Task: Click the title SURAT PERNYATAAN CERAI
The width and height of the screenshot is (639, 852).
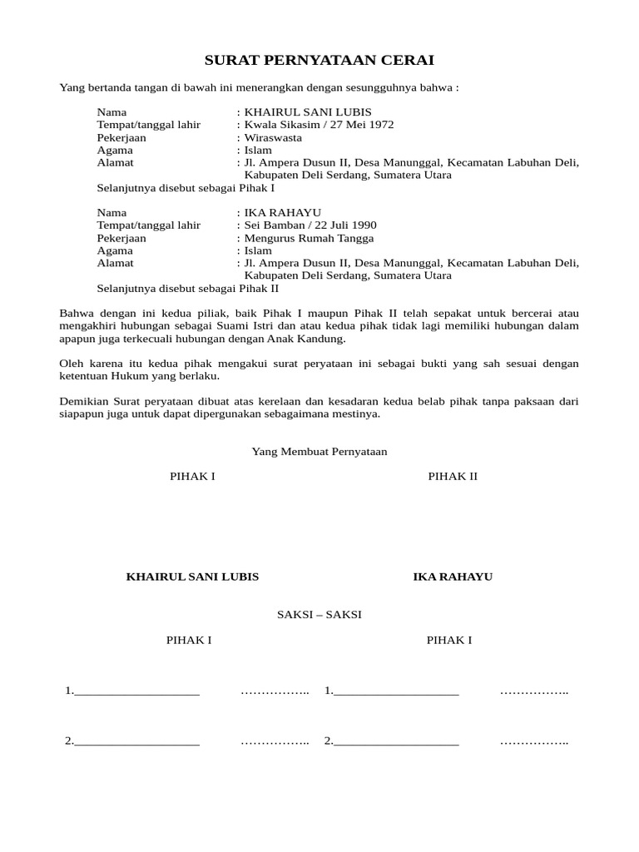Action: (x=319, y=61)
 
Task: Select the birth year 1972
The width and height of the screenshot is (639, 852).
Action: (x=381, y=125)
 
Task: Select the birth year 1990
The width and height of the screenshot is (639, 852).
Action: (x=364, y=225)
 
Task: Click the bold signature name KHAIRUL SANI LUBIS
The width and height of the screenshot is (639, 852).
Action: (x=192, y=577)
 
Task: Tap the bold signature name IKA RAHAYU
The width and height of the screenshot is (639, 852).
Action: (x=453, y=577)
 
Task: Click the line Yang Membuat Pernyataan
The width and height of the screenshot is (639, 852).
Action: (x=319, y=451)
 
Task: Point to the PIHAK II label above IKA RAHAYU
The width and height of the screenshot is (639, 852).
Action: (x=453, y=476)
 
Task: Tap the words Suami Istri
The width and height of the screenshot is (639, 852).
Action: (x=196, y=326)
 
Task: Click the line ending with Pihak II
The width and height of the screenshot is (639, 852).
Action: (x=188, y=289)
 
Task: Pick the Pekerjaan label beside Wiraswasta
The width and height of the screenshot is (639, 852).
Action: (x=121, y=137)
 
